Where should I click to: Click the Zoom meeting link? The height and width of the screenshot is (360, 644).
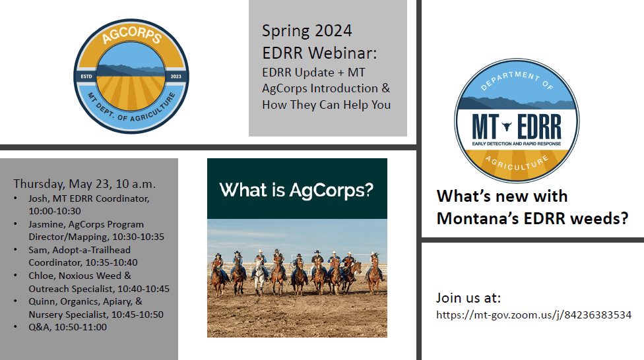pos(534,315)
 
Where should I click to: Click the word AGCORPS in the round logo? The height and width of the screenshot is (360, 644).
pos(131,34)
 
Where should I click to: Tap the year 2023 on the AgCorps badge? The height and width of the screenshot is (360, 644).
pos(176,76)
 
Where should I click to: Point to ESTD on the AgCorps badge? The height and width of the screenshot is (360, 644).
pos(86,76)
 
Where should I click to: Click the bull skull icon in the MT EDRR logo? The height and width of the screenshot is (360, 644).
pos(507,126)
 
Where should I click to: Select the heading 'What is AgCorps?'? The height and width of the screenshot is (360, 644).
pos(296,190)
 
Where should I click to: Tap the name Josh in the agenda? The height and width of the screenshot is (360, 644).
pos(38,198)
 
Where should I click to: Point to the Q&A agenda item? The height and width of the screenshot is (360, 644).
pos(68,327)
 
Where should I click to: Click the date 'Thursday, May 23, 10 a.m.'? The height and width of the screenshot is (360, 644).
pos(84,184)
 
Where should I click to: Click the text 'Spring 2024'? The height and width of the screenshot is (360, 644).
pos(307,31)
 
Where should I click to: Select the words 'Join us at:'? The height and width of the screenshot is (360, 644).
pos(468,297)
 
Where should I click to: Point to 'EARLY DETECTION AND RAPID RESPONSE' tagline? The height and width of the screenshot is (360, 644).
pos(516,144)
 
